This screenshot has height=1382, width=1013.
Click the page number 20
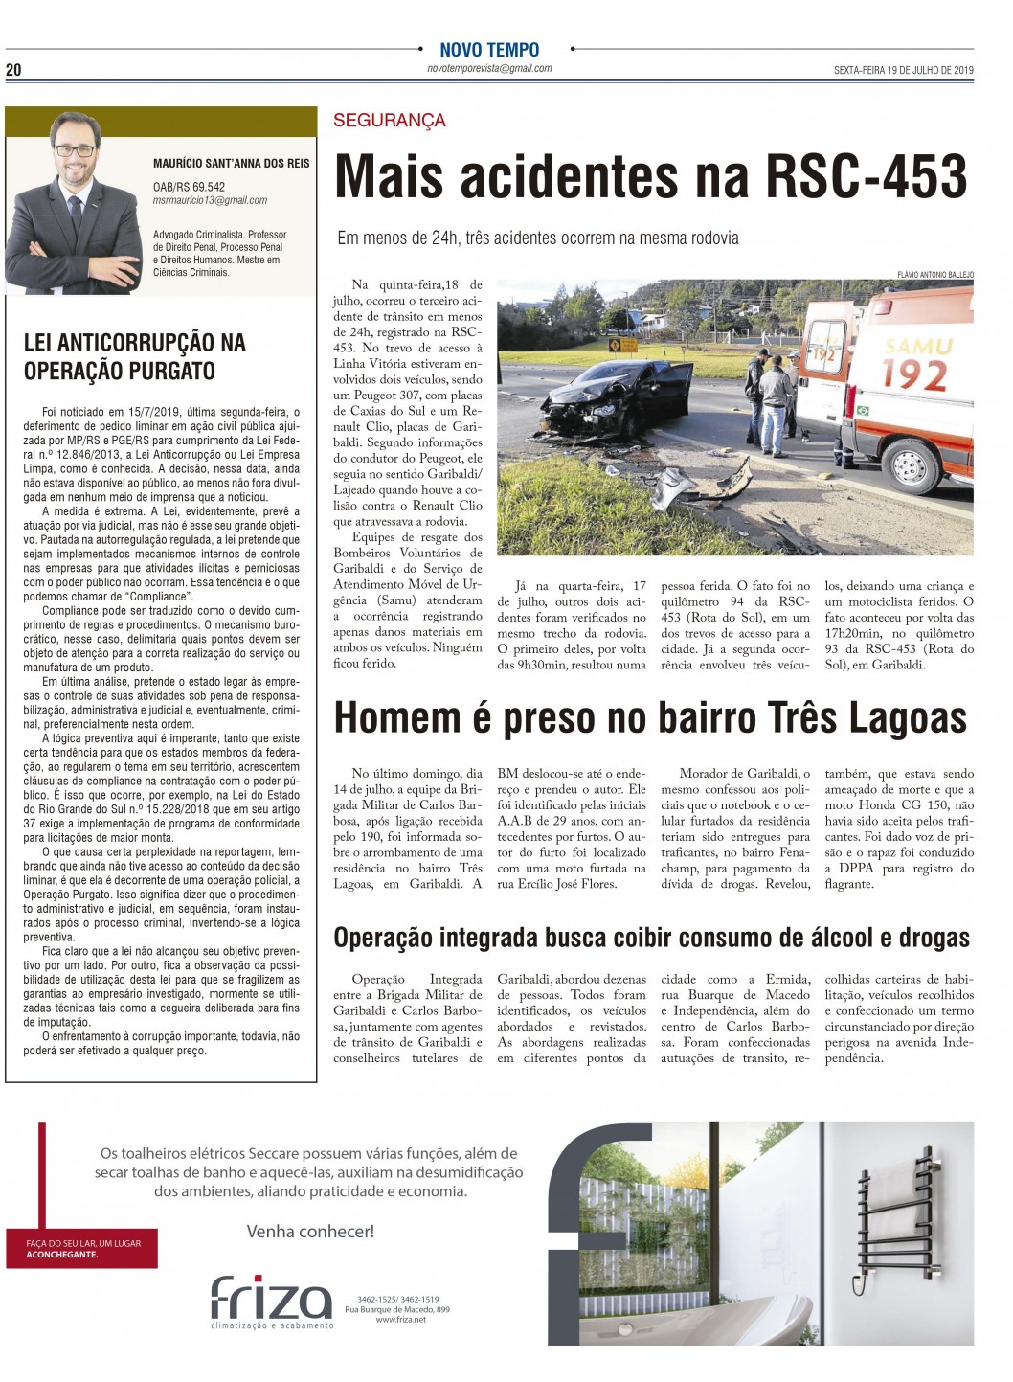pos(13,70)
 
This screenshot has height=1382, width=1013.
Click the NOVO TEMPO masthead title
pos(489,50)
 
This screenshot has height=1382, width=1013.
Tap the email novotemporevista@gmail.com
pos(489,69)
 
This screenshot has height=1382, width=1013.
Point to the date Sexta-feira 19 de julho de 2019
pos(903,70)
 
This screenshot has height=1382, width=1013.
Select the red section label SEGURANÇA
pos(390,121)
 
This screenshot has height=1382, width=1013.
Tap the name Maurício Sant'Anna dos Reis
pos(231,164)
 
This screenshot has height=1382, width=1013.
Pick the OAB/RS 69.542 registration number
pos(189,188)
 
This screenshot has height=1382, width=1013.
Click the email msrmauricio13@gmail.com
pos(210,201)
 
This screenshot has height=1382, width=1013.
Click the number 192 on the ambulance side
pos(914,374)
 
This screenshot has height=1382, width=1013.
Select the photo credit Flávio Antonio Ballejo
pos(934,275)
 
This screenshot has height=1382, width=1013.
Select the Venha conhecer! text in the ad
pos(310,1232)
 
